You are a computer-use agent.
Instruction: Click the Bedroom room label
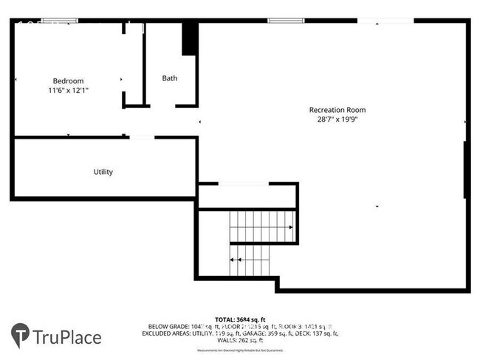pyautogui.click(x=68, y=81)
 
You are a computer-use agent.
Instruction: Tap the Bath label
pyautogui.click(x=170, y=78)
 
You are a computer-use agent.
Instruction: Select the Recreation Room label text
pyautogui.click(x=337, y=110)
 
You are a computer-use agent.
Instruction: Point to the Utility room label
pyautogui.click(x=103, y=172)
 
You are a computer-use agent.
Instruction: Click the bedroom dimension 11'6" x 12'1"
pyautogui.click(x=68, y=90)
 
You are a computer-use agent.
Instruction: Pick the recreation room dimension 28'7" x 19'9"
pyautogui.click(x=337, y=119)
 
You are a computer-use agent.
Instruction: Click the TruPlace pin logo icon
pyautogui.click(x=21, y=336)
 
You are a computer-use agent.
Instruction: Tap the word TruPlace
pyautogui.click(x=67, y=338)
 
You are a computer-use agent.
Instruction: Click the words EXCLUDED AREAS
pyautogui.click(x=169, y=333)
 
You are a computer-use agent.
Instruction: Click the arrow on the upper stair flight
pyautogui.click(x=290, y=226)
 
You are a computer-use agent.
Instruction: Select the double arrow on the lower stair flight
pyautogui.click(x=236, y=260)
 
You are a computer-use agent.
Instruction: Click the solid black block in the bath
pyautogui.click(x=190, y=38)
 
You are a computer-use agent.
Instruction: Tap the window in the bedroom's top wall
pyautogui.click(x=55, y=21)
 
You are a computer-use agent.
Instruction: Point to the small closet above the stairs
pyautogui.click(x=247, y=196)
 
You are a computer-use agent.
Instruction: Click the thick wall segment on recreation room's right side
pyautogui.click(x=466, y=170)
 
